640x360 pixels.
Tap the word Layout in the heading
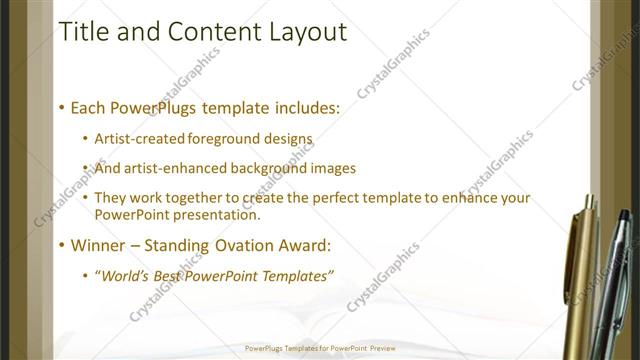point(306,32)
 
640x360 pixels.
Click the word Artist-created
point(140,139)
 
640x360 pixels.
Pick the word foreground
point(229,139)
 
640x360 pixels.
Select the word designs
point(289,139)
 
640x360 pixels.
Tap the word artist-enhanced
point(174,168)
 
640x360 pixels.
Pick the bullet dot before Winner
point(61,245)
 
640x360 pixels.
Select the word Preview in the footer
point(380,349)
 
